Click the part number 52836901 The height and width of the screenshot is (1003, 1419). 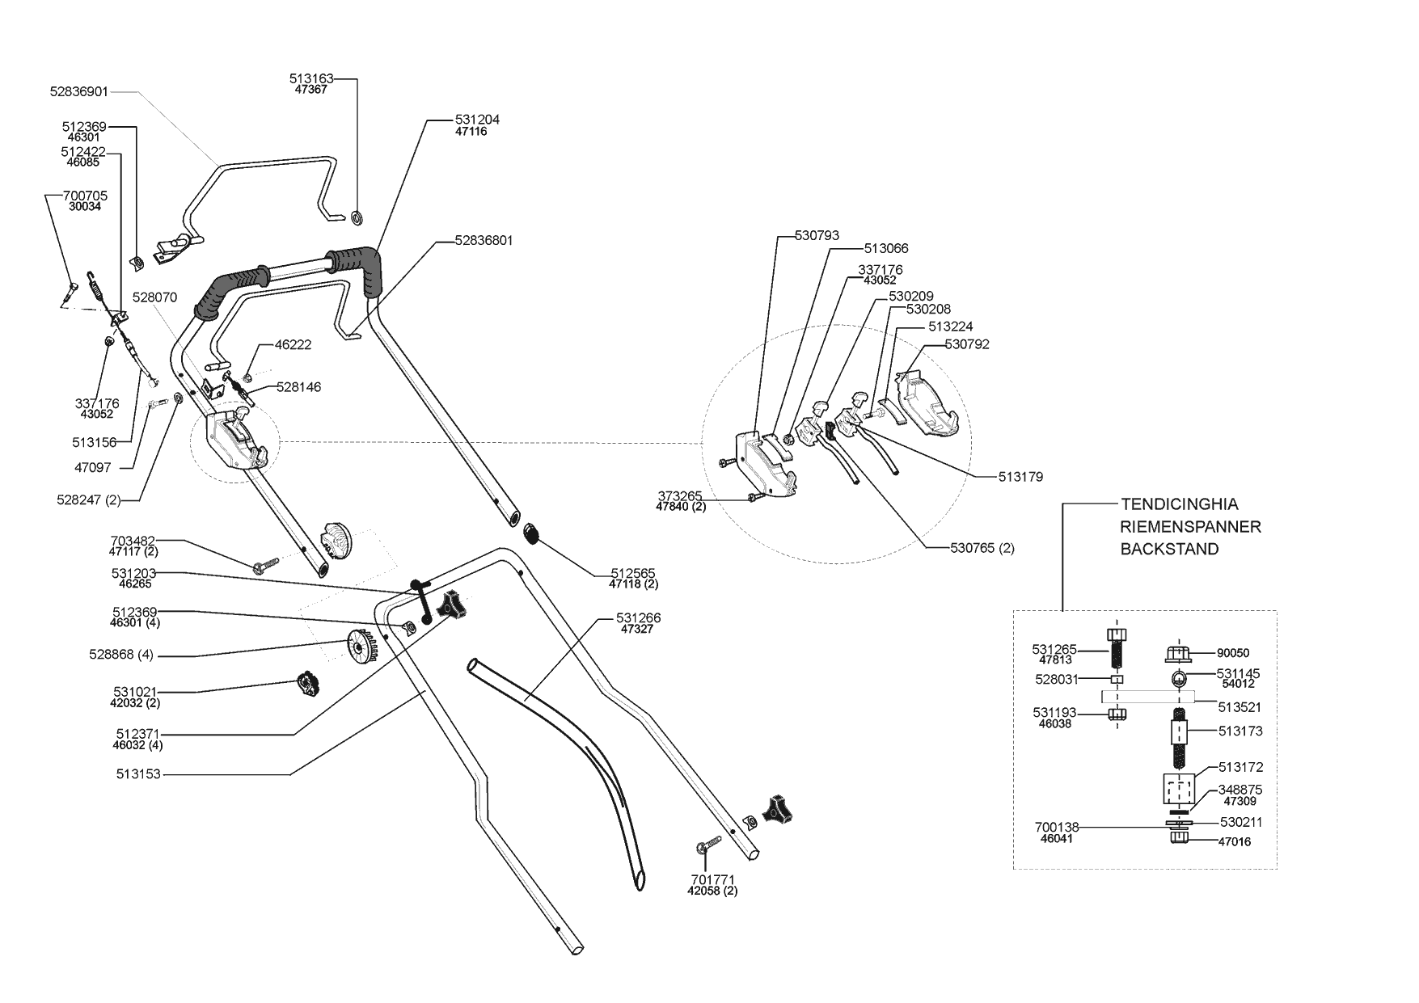coord(78,92)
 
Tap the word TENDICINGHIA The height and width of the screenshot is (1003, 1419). coord(1179,504)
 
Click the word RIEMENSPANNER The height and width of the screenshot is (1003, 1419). coord(1190,527)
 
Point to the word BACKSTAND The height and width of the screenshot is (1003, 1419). coord(1169,550)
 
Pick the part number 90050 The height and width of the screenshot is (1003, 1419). coord(1234,653)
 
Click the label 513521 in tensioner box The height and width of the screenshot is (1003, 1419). coord(1240,707)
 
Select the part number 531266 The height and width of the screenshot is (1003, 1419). coord(638,618)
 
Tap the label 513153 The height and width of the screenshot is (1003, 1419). coord(138,774)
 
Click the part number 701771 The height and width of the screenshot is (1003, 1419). coord(713,879)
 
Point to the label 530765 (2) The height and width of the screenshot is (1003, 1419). coord(982,548)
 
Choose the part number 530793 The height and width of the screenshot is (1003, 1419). coord(817,236)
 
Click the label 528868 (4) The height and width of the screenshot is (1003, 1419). coord(121,655)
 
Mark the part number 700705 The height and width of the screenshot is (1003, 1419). coord(85,196)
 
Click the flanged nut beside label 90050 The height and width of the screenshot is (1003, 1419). coord(1180,652)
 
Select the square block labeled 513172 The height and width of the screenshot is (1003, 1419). coord(1178,789)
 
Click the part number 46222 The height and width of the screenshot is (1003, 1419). coord(293,344)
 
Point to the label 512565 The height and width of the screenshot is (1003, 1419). coord(633,573)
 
